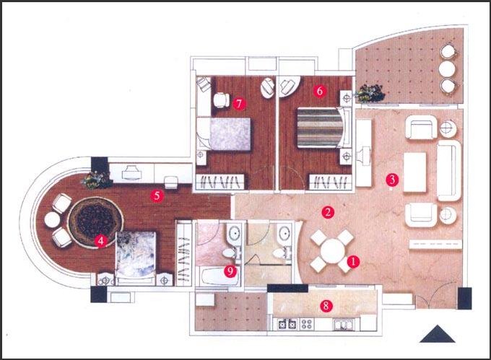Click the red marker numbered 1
coord(353,261)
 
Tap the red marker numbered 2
coord(328,212)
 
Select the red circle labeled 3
coord(392,180)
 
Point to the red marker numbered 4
coord(100,241)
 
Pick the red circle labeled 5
coord(157,196)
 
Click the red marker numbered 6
coord(320,91)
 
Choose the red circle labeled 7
coord(239,104)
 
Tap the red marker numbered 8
coord(326,306)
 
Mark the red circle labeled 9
coord(230,271)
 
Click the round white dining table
coord(332,251)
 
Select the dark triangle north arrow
coord(437,334)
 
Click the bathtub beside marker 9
coord(220,276)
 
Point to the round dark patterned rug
coord(95,222)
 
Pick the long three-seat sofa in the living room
coord(449,170)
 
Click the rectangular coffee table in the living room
coord(415,172)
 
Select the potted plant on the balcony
coord(370,93)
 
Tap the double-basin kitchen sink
coord(343,325)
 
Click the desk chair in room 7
coord(222,100)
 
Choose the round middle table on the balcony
coord(447,69)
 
